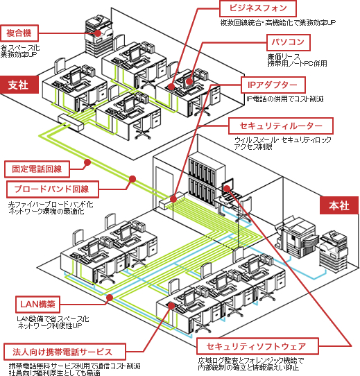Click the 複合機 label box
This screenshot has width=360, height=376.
(19, 33)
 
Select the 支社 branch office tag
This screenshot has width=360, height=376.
(18, 85)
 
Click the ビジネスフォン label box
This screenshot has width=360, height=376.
(258, 8)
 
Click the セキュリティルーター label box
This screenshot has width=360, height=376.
(281, 126)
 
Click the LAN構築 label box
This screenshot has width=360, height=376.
(38, 304)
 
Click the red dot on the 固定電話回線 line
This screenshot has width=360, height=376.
(87, 163)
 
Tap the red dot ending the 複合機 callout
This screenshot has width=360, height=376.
(101, 33)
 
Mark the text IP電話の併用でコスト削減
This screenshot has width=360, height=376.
(285, 99)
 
